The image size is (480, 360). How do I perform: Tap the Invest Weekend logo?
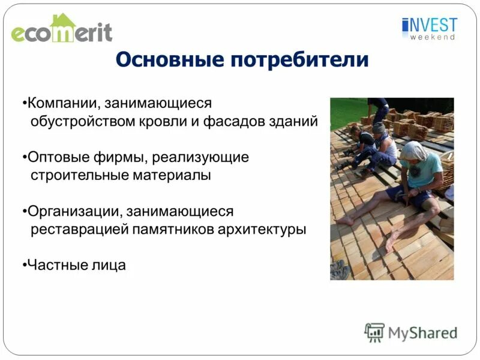[430, 28]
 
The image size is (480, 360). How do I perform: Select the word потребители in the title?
[298, 59]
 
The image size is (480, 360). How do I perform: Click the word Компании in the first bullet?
[60, 103]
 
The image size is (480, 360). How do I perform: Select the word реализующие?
[200, 158]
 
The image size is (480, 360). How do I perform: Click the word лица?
[108, 265]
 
